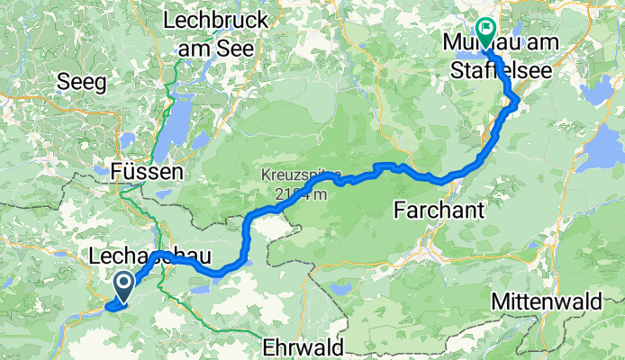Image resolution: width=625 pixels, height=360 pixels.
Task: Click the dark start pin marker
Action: (122, 287)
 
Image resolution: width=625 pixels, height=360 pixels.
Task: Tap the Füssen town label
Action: (148, 170)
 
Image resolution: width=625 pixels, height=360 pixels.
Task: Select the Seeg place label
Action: (81, 83)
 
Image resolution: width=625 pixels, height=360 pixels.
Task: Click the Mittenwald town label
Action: (547, 302)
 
